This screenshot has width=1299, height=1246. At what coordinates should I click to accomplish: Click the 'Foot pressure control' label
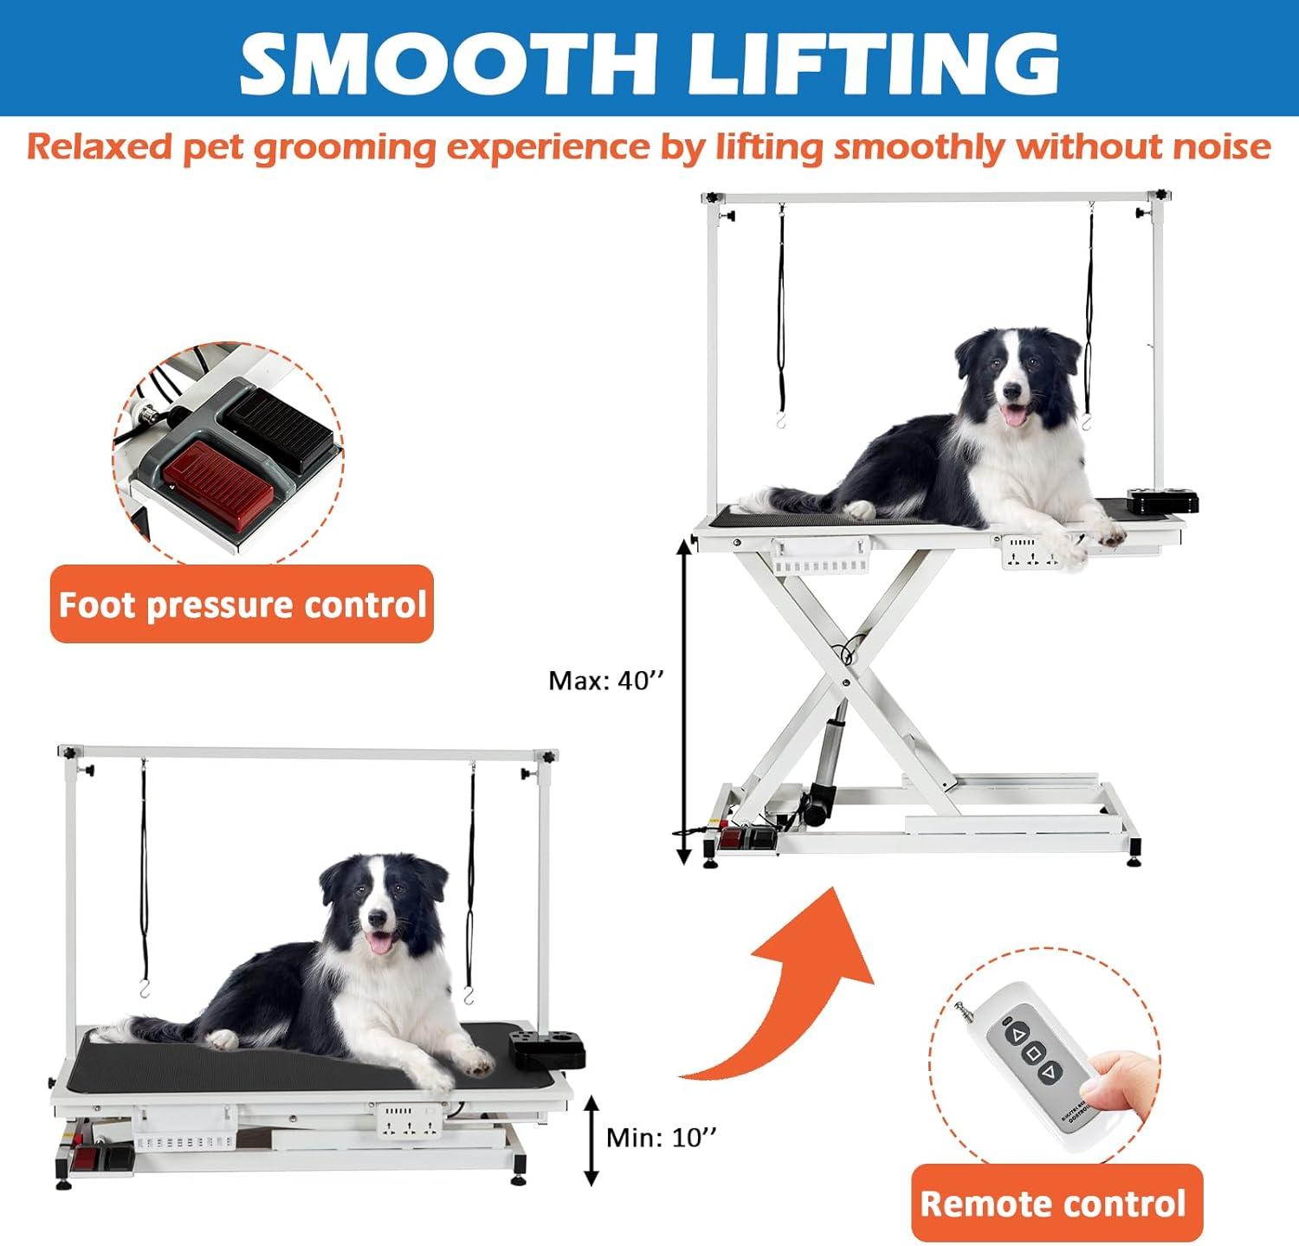point(242,604)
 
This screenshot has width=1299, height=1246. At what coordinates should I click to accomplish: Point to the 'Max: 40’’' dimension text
point(605,681)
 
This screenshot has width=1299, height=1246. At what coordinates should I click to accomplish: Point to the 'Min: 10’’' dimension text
point(661,1137)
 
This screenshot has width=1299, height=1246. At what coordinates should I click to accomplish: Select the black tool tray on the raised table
point(1162,501)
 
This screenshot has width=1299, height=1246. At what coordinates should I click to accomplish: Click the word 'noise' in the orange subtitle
point(1221,146)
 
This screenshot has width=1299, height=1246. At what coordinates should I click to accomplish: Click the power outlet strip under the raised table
point(1031,554)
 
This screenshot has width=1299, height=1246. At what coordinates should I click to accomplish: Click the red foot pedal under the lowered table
point(86,1158)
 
